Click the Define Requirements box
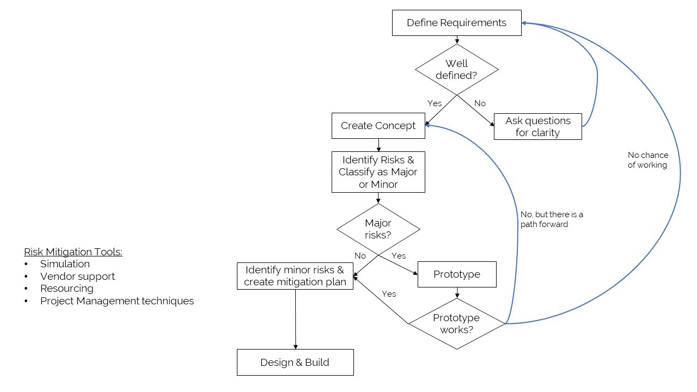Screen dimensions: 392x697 (x=456, y=23)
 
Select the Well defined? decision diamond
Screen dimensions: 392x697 (x=456, y=70)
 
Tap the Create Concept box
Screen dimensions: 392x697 (x=378, y=126)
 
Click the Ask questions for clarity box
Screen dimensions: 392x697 (x=537, y=126)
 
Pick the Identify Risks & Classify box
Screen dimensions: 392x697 (x=378, y=172)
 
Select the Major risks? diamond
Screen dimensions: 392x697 (x=378, y=229)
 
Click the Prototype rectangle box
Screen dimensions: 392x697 (x=456, y=274)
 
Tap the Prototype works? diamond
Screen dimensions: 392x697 (x=456, y=323)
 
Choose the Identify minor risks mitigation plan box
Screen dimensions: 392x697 (x=295, y=275)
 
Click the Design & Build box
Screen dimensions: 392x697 (x=295, y=362)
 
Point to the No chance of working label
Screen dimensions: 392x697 (x=647, y=160)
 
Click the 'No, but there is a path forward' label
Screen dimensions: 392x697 (x=551, y=219)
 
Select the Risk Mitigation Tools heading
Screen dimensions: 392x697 (x=73, y=252)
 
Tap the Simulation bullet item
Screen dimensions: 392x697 (x=65, y=264)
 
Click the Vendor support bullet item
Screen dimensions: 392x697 (x=77, y=277)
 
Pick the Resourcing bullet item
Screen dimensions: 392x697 (x=66, y=289)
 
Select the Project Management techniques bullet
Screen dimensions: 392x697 (x=117, y=301)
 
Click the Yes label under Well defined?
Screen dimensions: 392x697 (x=435, y=103)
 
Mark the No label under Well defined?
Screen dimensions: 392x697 (x=480, y=103)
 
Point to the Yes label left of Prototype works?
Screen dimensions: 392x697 (x=389, y=294)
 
